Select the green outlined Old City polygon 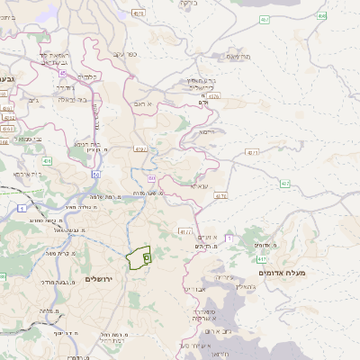click(x=139, y=259)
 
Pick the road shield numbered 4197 click(x=139, y=148)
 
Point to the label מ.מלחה click(x=44, y=311)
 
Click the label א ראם click(x=149, y=104)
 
